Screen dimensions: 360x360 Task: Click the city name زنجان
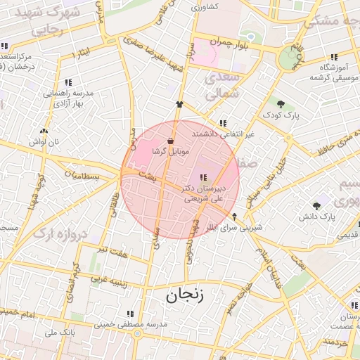point(185,296)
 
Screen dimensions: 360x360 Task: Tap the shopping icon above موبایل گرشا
point(171,141)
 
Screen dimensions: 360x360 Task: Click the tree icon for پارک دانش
point(317,206)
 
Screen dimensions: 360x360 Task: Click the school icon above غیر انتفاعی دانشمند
point(223,123)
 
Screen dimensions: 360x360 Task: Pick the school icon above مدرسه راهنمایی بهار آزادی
point(67,82)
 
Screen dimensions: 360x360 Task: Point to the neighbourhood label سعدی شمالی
point(224,86)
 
